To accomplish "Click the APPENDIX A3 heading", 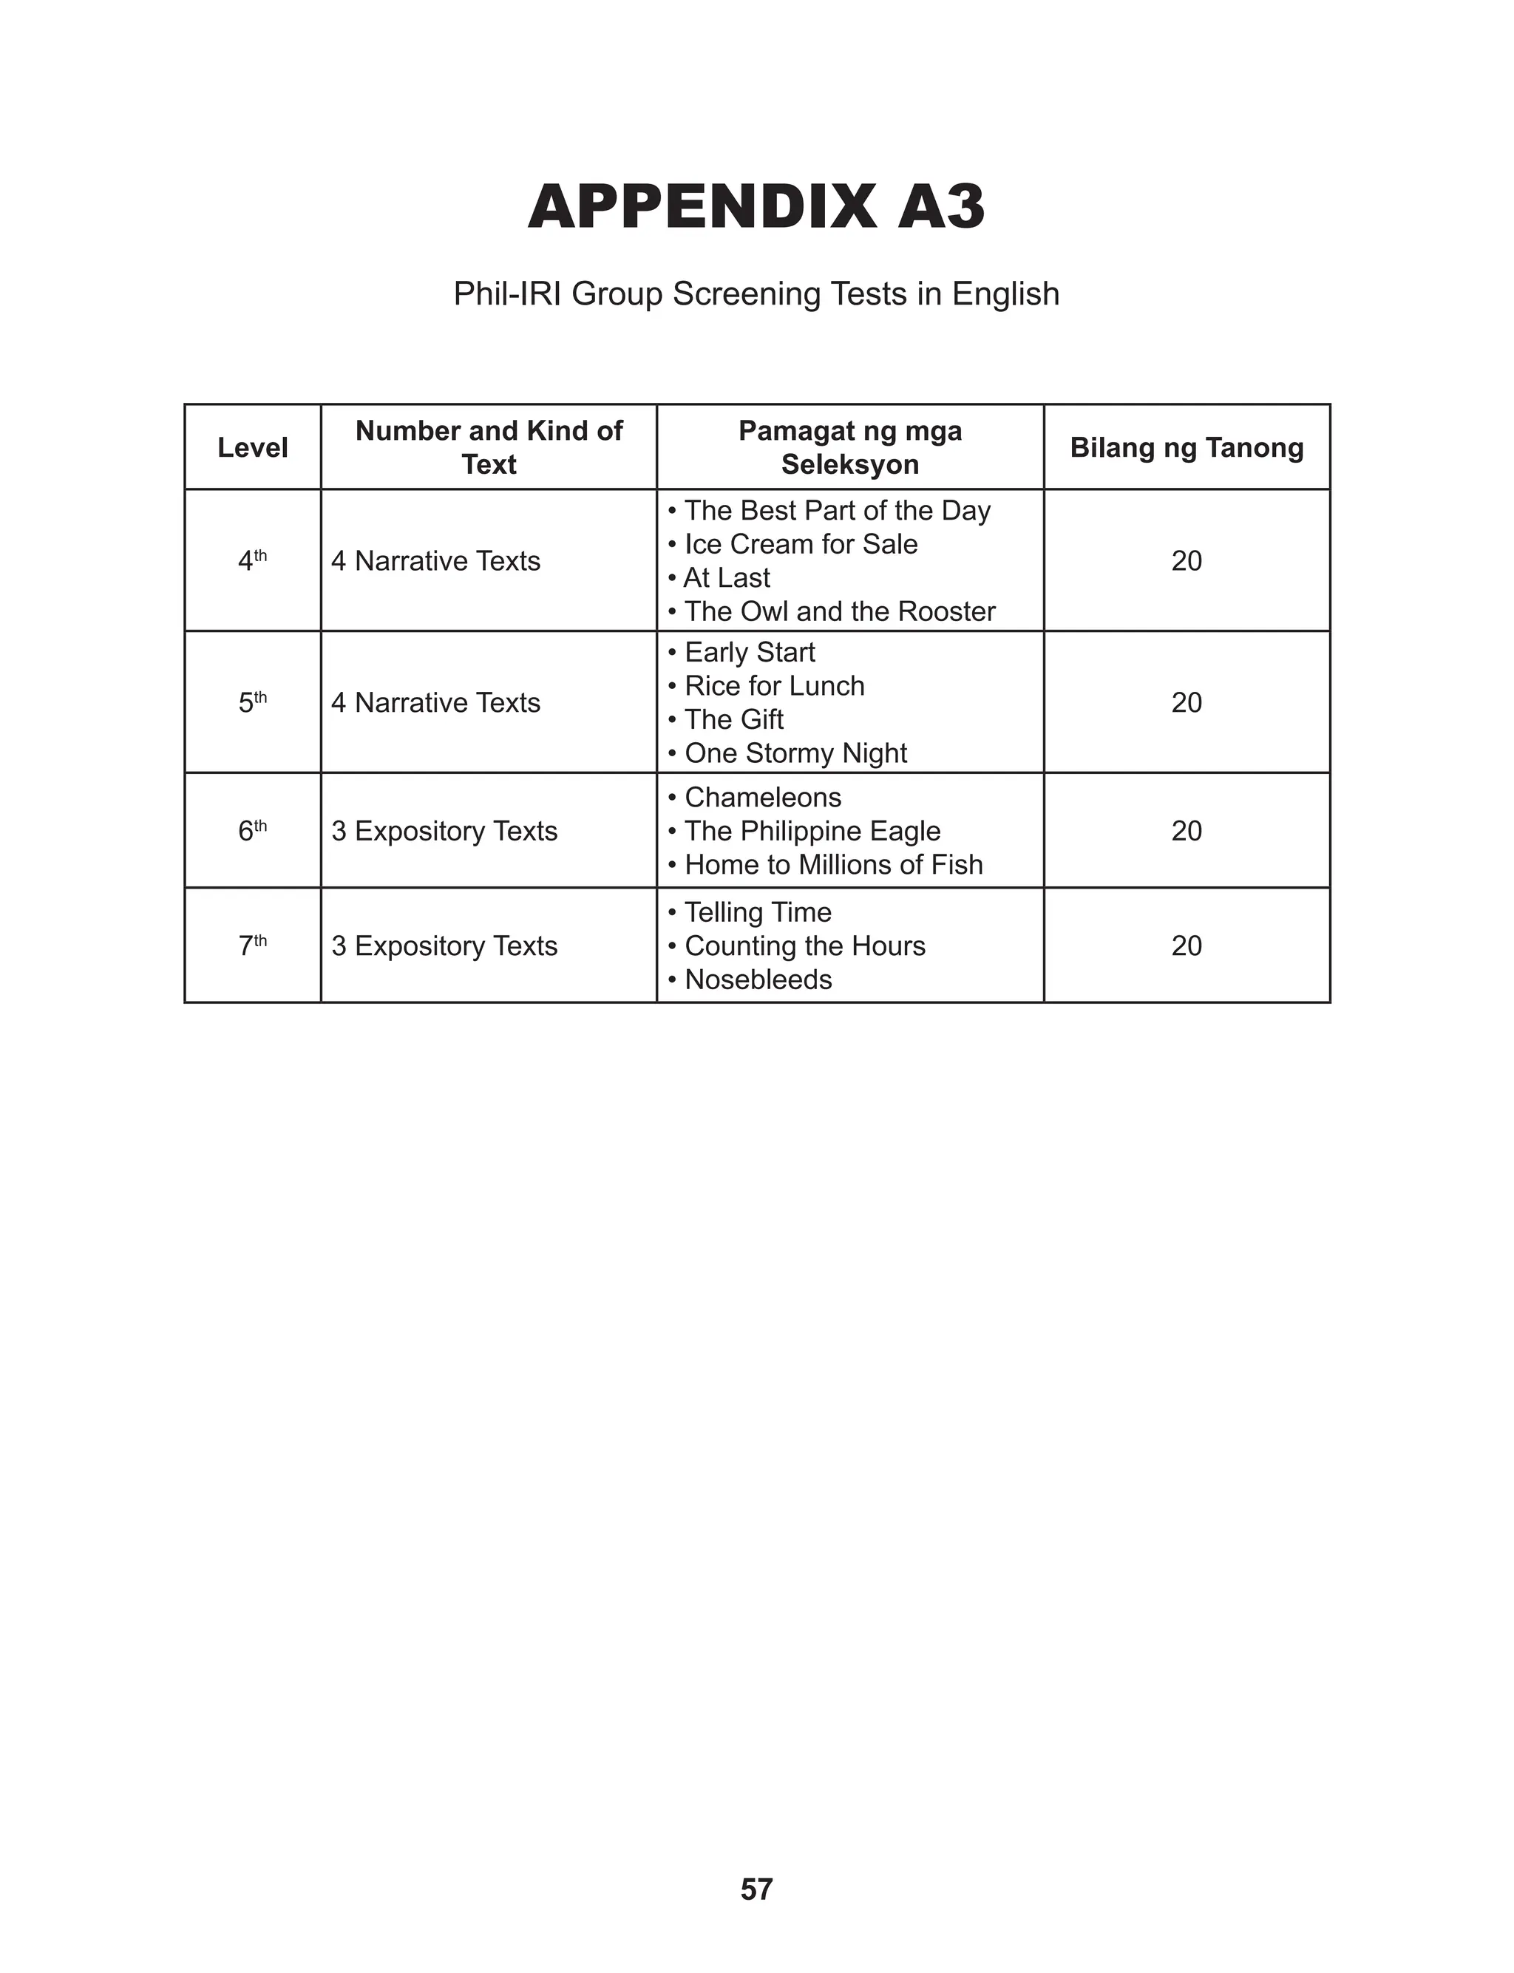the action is tap(756, 206).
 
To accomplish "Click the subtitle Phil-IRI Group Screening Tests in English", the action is tap(756, 293).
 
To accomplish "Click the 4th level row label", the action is tap(252, 560).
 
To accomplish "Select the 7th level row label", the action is tap(252, 945).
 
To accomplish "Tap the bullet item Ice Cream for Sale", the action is tap(801, 544).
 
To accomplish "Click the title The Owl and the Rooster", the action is tap(839, 612).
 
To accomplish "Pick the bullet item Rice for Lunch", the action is tap(774, 685).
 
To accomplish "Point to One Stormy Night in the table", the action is tap(795, 753).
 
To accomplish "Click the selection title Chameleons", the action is tap(762, 798).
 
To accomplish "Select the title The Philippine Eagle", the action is tap(812, 831).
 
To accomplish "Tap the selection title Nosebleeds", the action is tap(758, 979).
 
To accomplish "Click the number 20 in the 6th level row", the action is tap(1186, 831).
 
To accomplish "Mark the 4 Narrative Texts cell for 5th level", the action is tap(435, 703).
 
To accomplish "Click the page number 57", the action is tap(756, 1887).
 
